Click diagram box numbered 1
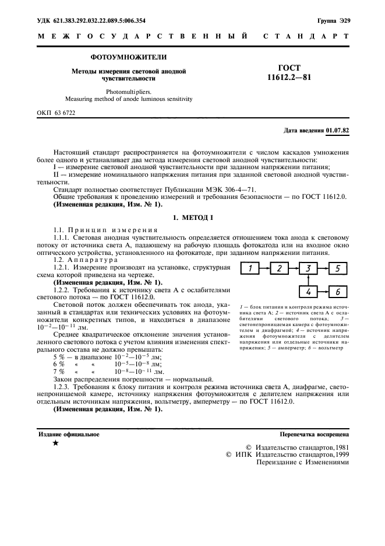tap(249, 269)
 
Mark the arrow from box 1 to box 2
tap(264, 269)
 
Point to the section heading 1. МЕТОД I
tap(192, 218)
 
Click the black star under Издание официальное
tap(55, 443)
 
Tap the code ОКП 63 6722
tap(56, 112)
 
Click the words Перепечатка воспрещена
tap(315, 435)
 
